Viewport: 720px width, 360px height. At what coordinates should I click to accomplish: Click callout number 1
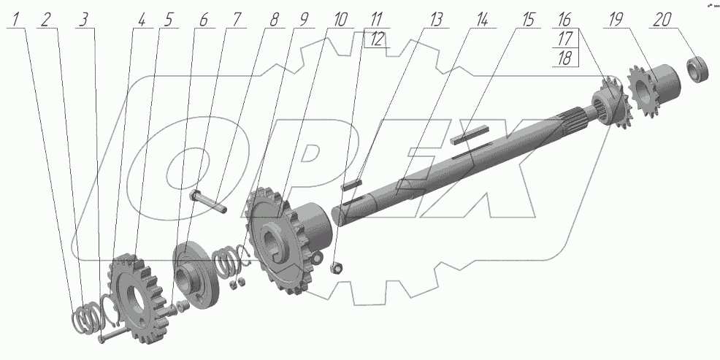pyautogui.click(x=17, y=20)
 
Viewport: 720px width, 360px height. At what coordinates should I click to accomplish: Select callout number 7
pyautogui.click(x=236, y=20)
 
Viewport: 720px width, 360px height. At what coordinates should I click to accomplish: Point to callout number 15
pyautogui.click(x=528, y=20)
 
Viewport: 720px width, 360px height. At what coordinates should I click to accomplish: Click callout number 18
pyautogui.click(x=564, y=58)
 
